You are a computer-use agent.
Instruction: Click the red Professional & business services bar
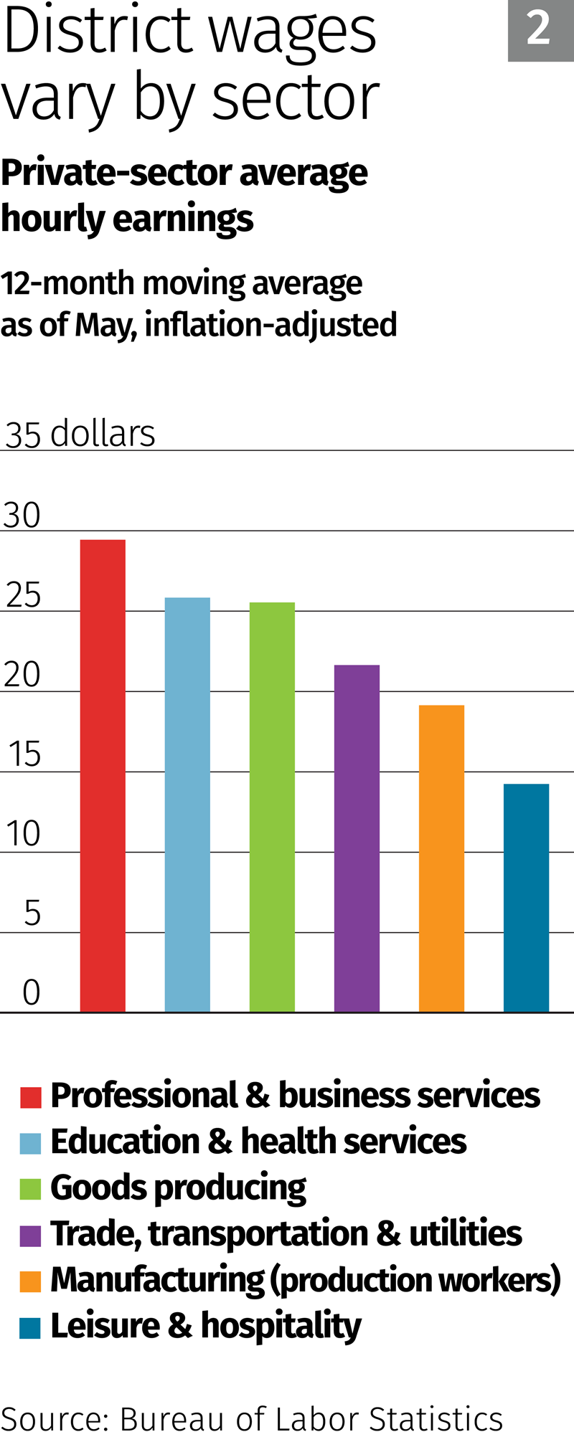(x=103, y=774)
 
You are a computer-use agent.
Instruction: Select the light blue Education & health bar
(x=187, y=803)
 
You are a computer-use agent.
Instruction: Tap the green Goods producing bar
(x=272, y=807)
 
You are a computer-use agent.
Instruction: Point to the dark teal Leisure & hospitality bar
(x=526, y=897)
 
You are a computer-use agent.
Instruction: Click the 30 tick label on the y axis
(x=22, y=516)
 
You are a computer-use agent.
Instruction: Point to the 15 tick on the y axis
(x=24, y=755)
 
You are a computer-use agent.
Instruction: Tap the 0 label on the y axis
(x=31, y=993)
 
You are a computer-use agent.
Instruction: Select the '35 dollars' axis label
(x=80, y=434)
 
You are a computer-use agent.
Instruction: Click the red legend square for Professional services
(x=31, y=1097)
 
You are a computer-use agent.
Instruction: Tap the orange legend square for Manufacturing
(x=31, y=1281)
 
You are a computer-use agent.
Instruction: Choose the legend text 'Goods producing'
(x=178, y=1188)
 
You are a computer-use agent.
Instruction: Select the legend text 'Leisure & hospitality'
(x=206, y=1327)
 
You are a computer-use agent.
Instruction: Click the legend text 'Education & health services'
(x=258, y=1142)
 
